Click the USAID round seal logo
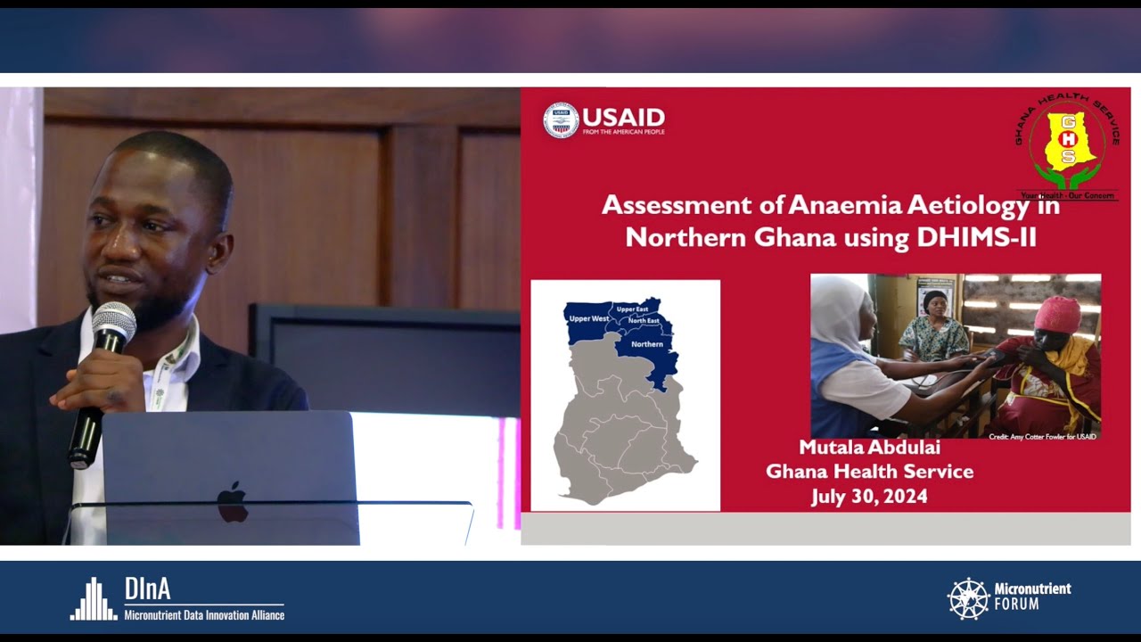[x=561, y=120]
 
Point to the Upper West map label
[x=588, y=318]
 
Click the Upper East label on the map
[x=632, y=309]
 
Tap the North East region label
[x=644, y=320]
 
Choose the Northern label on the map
[x=646, y=343]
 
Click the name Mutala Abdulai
[x=869, y=448]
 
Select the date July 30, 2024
[x=869, y=497]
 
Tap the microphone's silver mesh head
[x=114, y=323]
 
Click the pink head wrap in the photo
[x=1057, y=314]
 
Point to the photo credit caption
[x=1042, y=435]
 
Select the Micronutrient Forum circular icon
[x=969, y=598]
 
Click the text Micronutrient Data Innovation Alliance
[x=204, y=615]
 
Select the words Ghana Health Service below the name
[x=869, y=472]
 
